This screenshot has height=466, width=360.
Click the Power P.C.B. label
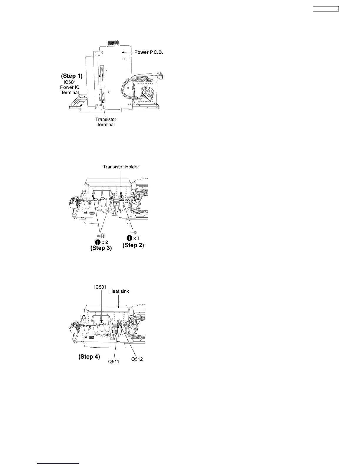(x=149, y=52)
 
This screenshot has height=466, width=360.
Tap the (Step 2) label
(x=133, y=245)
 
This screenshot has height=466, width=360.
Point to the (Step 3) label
(x=101, y=248)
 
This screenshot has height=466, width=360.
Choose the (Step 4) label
(x=89, y=357)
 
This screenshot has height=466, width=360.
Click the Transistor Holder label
(x=121, y=167)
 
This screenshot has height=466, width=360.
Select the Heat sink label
(x=119, y=291)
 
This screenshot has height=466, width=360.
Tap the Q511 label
(x=113, y=362)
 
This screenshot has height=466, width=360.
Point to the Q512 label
(x=137, y=360)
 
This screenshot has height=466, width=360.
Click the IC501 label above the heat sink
(x=101, y=286)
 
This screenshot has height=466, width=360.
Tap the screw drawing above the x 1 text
(x=133, y=232)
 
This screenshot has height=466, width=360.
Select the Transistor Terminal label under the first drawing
(x=106, y=122)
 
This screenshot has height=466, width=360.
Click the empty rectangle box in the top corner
(x=326, y=9)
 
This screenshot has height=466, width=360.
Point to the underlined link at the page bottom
(x=59, y=464)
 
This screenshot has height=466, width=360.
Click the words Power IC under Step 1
(x=70, y=87)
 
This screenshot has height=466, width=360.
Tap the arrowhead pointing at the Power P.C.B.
(x=124, y=52)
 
